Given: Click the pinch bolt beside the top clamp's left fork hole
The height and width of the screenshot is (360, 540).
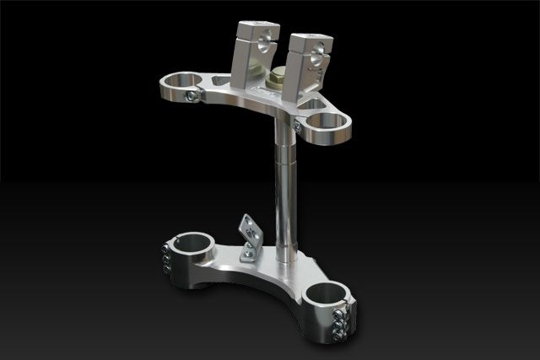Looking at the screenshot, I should click(194, 96).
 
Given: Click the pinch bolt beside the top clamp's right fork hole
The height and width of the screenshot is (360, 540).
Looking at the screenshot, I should click(298, 126).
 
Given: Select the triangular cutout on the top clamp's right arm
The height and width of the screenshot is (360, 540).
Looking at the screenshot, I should click(313, 104).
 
